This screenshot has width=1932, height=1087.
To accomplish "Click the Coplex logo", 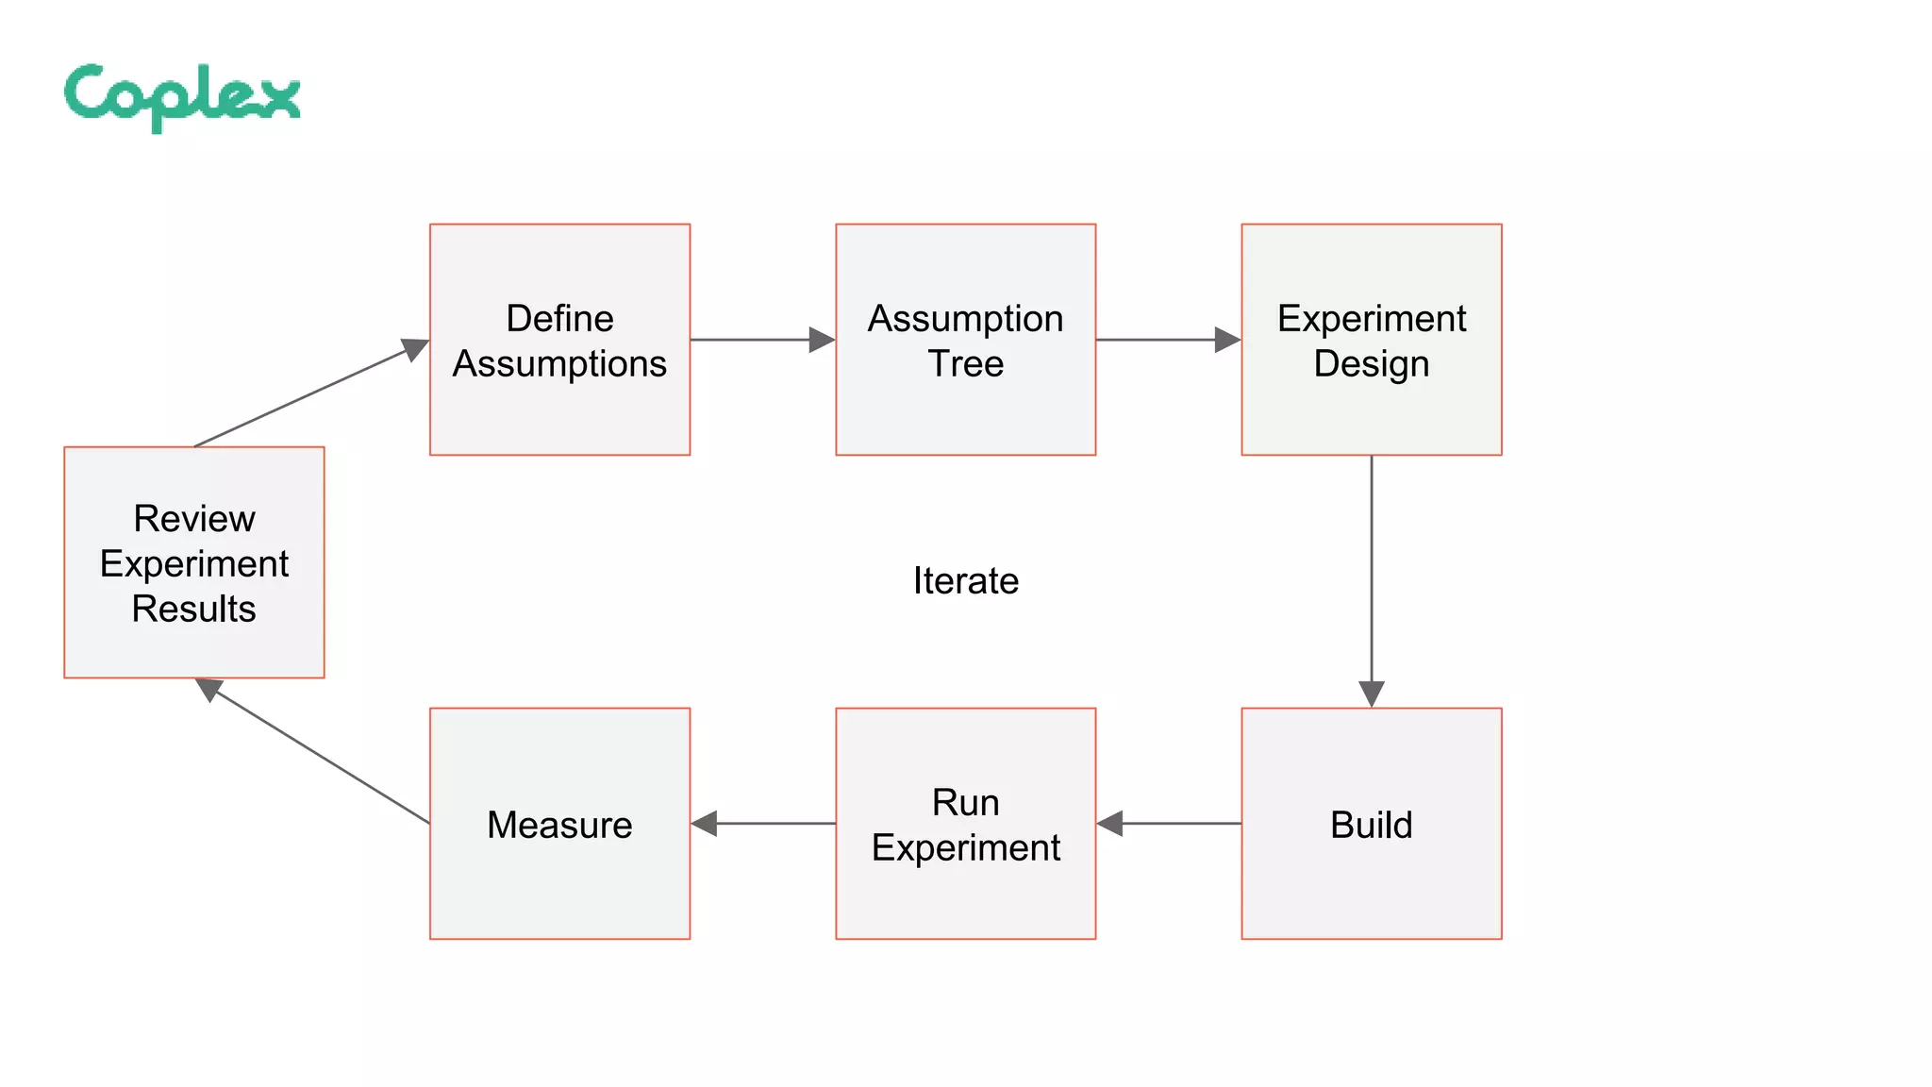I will point(182,96).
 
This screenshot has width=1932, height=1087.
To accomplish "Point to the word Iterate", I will point(965,580).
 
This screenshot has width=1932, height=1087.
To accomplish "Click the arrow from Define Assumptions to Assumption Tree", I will point(762,340).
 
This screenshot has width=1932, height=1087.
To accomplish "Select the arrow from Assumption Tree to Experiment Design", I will point(1168,340).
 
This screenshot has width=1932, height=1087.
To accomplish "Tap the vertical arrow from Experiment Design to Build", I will point(1371,580).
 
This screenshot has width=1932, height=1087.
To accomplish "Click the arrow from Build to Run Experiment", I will point(1170,824).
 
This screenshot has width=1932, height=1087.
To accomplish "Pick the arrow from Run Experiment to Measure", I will point(764,824).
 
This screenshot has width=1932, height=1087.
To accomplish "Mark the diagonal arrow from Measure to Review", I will point(316,752).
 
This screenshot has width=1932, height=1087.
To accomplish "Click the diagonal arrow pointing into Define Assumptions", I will point(311,393).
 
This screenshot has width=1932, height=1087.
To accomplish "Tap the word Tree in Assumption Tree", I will point(965,364).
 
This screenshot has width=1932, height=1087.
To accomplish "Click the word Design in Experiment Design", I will point(1371,364).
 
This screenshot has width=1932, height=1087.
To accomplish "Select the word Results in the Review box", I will point(193,610).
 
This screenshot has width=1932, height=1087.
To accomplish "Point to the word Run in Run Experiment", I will point(965,803).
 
